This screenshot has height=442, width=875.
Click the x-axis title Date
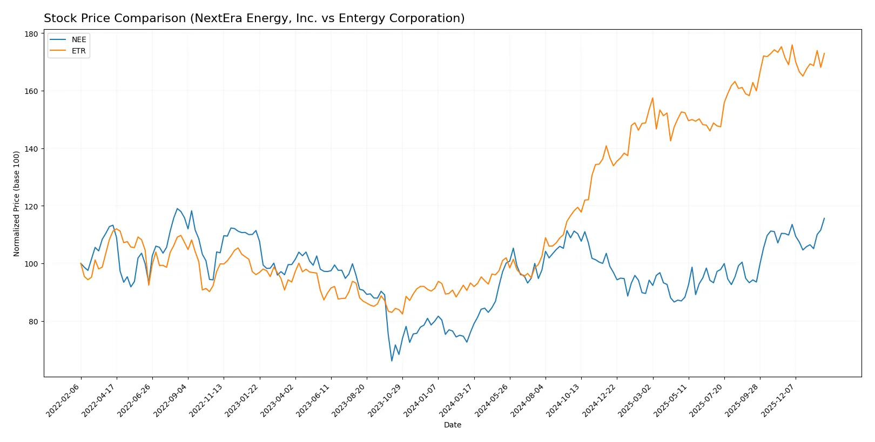click(x=452, y=425)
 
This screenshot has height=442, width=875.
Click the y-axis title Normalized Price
click(x=17, y=203)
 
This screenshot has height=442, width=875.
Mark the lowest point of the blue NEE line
click(x=392, y=361)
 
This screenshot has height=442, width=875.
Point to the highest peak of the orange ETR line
click(x=792, y=45)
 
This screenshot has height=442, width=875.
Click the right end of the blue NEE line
click(x=824, y=219)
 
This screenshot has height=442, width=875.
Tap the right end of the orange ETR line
click(x=824, y=53)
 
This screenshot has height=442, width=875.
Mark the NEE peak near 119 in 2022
click(x=177, y=208)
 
